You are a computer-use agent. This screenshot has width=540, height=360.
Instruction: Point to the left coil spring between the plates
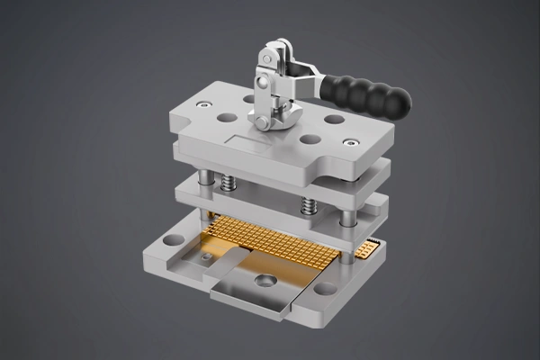tap(228, 186)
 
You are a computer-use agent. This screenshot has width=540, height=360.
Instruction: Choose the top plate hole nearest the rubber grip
tap(332, 118)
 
